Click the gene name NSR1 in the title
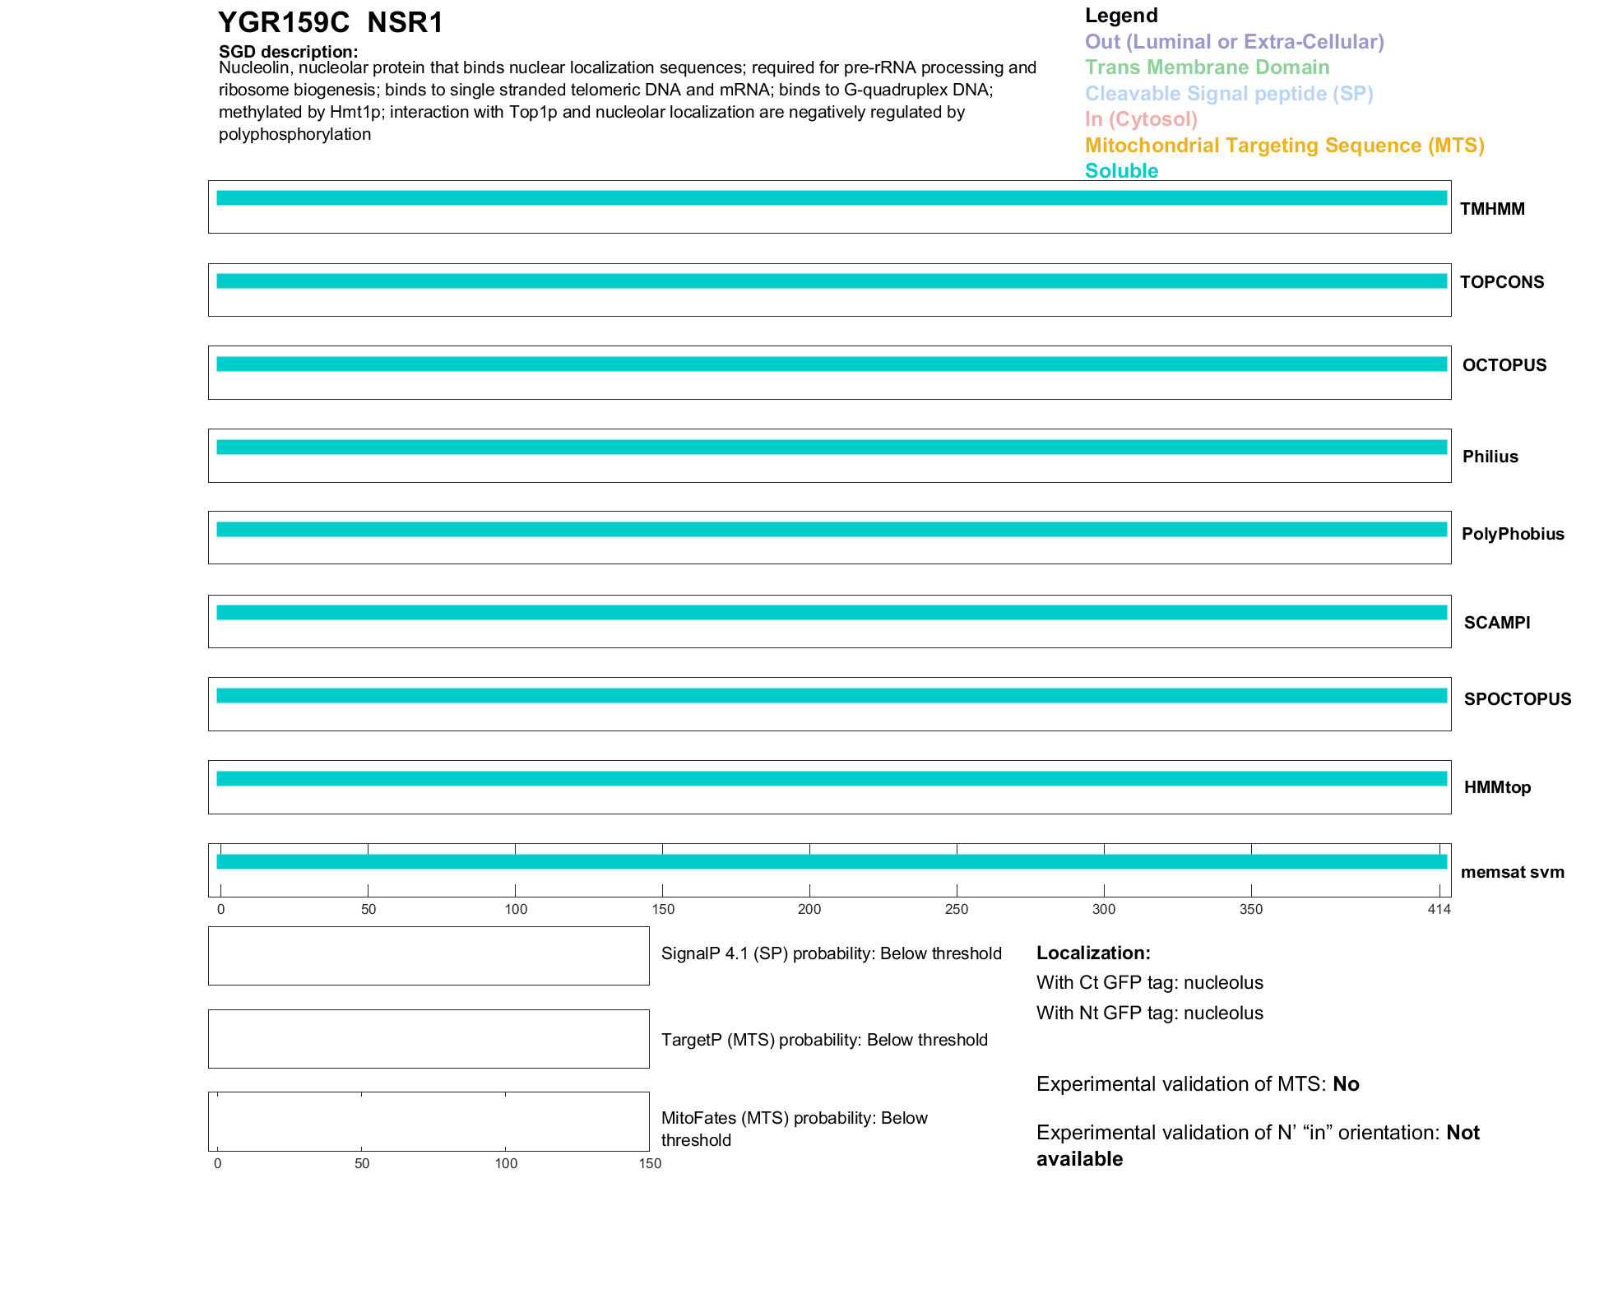(405, 23)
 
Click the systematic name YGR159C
(284, 23)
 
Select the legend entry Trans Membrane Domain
(1207, 67)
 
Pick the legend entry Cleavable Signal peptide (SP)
(1229, 94)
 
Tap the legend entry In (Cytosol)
(1141, 119)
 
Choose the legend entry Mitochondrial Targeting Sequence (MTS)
(1284, 146)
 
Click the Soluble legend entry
(1121, 171)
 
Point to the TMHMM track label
(1492, 209)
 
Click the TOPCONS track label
(1502, 282)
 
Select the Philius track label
(1490, 457)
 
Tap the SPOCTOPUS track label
(1517, 699)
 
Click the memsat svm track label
(1512, 872)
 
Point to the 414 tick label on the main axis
(1439, 909)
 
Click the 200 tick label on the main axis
(809, 909)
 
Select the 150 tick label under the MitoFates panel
(650, 1163)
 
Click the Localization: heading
(1093, 953)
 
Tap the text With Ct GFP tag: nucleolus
(1149, 982)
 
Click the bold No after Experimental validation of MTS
(1346, 1084)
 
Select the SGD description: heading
(288, 52)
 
